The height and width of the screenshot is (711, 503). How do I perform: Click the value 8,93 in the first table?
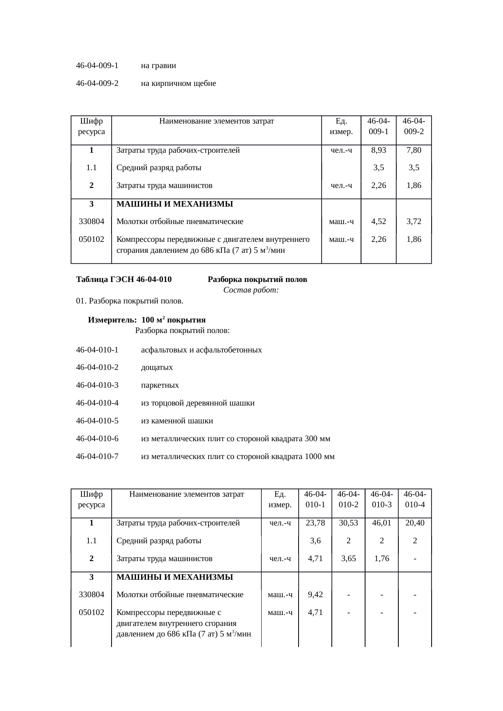click(378, 150)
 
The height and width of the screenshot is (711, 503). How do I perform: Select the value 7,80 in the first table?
click(414, 150)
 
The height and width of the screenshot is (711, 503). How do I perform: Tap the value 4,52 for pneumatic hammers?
click(378, 222)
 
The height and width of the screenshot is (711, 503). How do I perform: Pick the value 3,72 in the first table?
click(414, 222)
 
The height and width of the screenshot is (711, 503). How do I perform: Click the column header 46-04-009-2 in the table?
click(414, 126)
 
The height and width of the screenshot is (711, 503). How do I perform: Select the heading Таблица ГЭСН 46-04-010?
click(124, 280)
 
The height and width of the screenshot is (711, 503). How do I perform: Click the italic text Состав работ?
click(251, 290)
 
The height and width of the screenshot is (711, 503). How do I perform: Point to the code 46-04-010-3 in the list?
click(97, 385)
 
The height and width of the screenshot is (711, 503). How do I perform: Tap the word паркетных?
click(160, 385)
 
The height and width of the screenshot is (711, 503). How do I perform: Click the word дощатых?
click(157, 367)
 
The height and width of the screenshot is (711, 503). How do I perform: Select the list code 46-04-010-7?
click(97, 457)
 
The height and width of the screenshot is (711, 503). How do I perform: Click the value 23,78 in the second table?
click(315, 523)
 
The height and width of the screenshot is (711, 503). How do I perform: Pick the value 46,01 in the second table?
click(382, 523)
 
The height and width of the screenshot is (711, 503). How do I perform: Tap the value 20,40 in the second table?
click(415, 523)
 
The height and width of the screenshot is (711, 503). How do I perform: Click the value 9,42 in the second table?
click(315, 595)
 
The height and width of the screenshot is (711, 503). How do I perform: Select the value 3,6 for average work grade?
click(315, 541)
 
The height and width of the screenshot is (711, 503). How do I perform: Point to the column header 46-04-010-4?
click(415, 499)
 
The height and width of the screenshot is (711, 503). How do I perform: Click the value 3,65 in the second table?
click(348, 559)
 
